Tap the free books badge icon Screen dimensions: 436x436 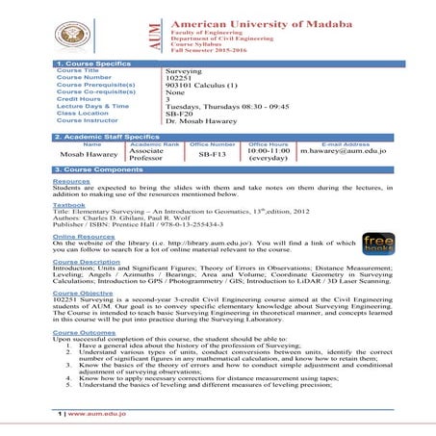[378, 243]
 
